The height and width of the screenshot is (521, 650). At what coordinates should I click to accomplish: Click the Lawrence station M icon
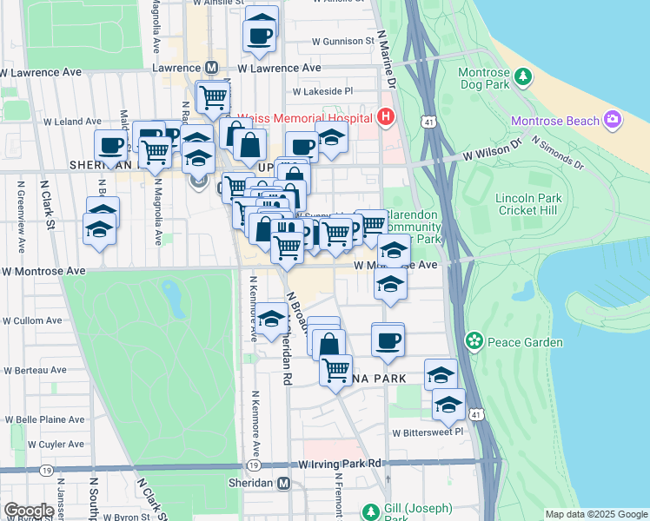(x=211, y=67)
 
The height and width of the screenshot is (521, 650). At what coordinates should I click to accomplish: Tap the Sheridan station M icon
(x=283, y=484)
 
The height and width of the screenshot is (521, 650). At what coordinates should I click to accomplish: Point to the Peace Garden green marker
(x=474, y=340)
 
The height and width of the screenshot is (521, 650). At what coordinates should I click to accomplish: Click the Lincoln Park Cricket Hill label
(x=528, y=205)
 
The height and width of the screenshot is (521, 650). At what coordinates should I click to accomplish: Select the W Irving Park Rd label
(x=340, y=465)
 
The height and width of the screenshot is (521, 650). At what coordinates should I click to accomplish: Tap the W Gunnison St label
(x=342, y=41)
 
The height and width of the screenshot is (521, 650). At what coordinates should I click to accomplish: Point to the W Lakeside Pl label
(x=322, y=90)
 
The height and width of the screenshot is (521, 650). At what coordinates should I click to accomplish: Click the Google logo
(x=29, y=511)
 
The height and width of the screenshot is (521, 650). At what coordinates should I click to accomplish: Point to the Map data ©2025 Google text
(x=596, y=514)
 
